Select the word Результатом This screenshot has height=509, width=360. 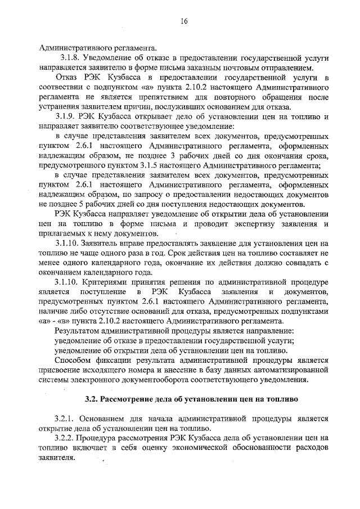[x=77, y=330]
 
